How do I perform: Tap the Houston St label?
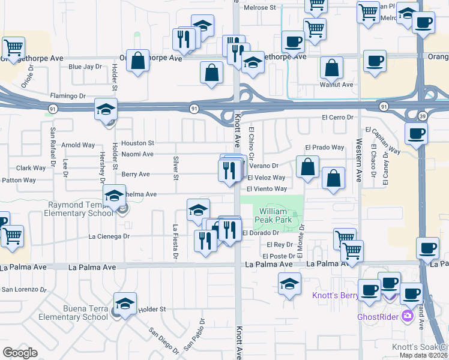pyautogui.click(x=137, y=143)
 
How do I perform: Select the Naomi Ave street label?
pyautogui.click(x=137, y=154)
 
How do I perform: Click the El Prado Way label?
pyautogui.click(x=324, y=148)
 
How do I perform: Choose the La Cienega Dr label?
pyautogui.click(x=109, y=236)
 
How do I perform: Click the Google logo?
pyautogui.click(x=20, y=352)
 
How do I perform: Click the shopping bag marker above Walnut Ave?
pyautogui.click(x=331, y=68)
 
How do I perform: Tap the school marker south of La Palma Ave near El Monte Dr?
pyautogui.click(x=289, y=283)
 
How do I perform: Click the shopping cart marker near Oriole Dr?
pyautogui.click(x=13, y=47)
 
